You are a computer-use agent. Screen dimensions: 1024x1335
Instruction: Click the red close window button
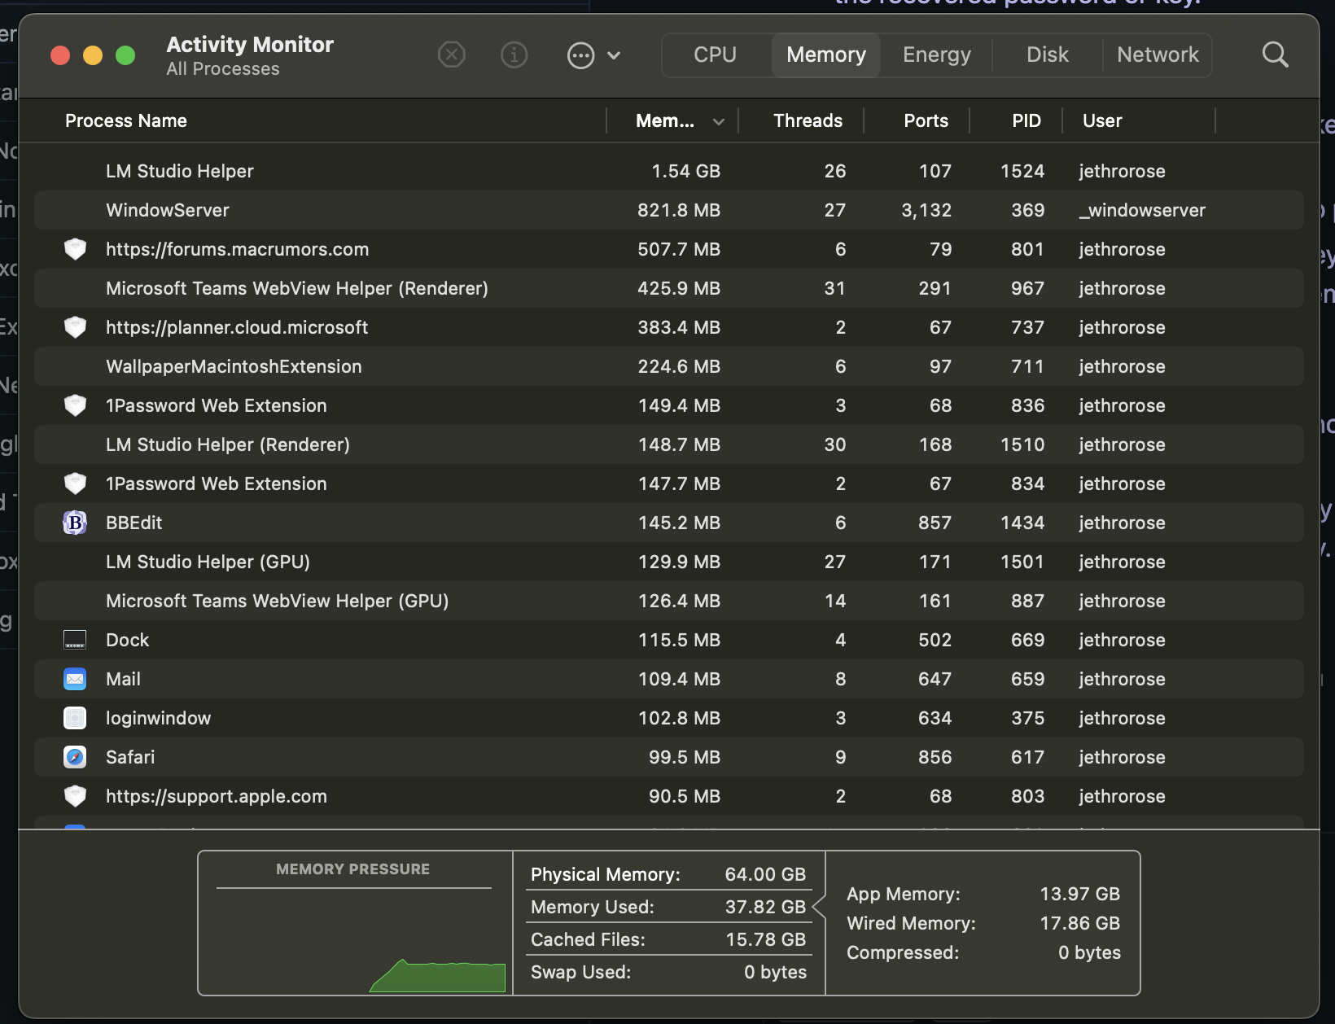(60, 55)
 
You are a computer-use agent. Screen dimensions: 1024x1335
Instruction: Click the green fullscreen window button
(125, 55)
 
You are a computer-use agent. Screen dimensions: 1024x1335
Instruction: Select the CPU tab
(715, 55)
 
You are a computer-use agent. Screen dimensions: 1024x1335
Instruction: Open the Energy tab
(936, 55)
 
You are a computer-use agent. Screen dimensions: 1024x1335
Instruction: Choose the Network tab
(1157, 55)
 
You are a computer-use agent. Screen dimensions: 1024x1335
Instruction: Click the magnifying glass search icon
(1275, 55)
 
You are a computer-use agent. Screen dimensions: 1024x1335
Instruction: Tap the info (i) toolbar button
(514, 55)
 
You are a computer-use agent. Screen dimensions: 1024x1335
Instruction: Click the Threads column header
(808, 120)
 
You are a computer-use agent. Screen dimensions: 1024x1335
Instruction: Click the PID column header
(1026, 120)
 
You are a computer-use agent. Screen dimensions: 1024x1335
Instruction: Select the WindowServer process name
(168, 210)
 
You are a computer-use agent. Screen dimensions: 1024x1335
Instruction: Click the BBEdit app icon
(75, 523)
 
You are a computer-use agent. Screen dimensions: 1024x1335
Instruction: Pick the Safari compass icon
(75, 757)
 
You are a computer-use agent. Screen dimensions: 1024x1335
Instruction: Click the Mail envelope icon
(75, 679)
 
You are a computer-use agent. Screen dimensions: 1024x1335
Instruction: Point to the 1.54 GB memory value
(685, 171)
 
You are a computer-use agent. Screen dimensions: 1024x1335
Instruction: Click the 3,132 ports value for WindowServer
(926, 210)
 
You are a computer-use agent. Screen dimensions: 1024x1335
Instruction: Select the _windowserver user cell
(1141, 210)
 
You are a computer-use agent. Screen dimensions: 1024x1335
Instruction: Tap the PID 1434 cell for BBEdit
(1022, 523)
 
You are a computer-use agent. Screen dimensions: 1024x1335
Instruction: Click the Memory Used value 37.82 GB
(764, 907)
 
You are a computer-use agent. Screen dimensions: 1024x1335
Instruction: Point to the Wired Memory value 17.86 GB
(1079, 923)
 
